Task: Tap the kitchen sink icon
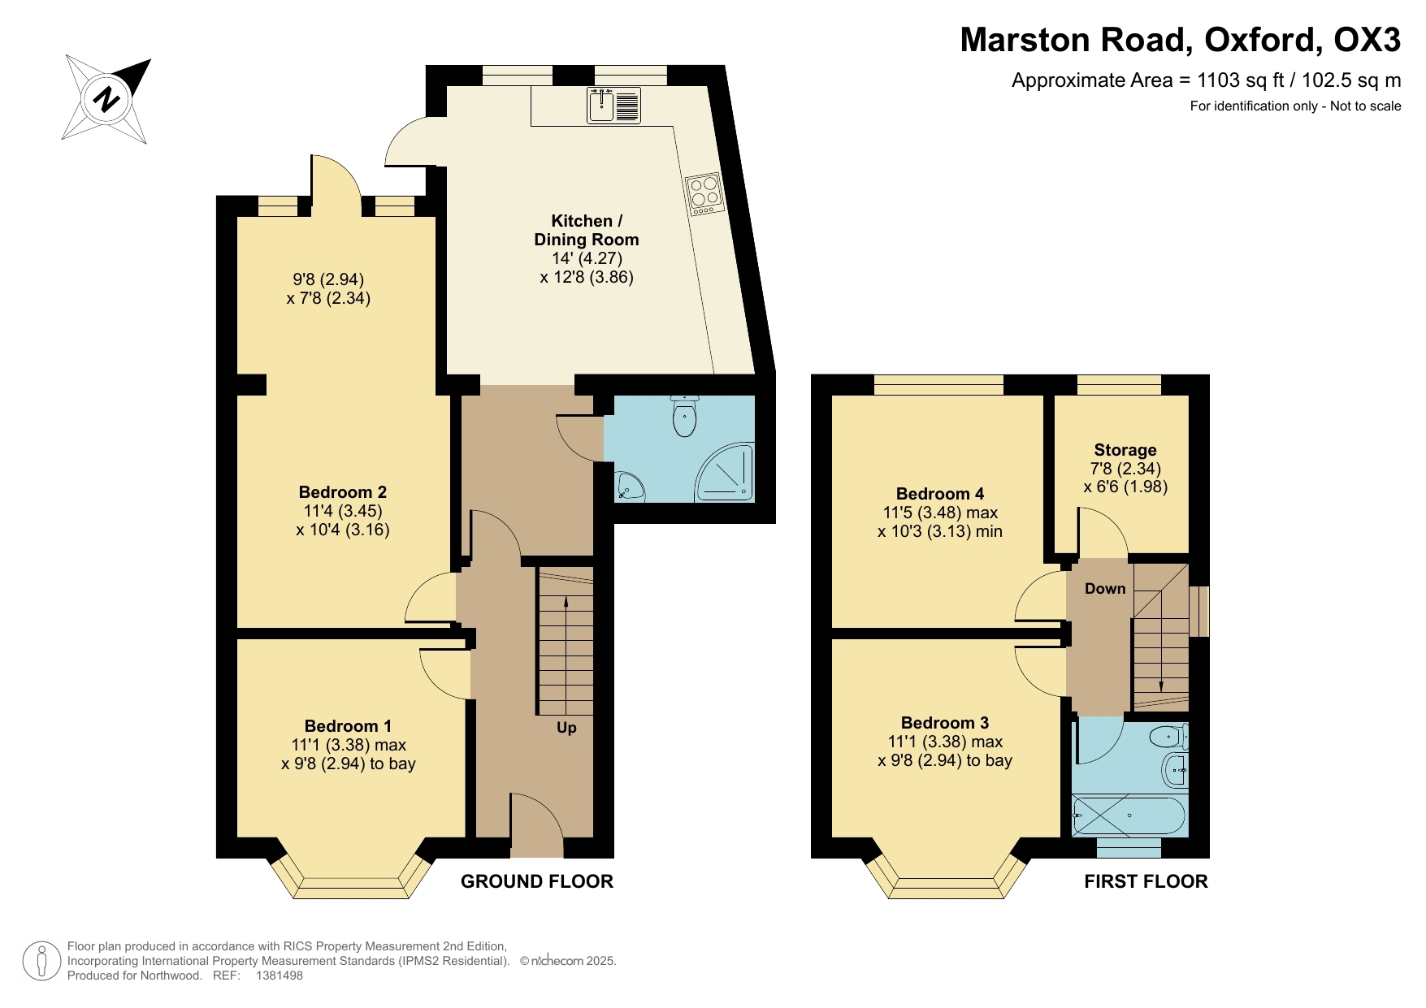coord(614,106)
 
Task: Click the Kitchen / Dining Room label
coord(586,230)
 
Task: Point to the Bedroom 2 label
coord(342,492)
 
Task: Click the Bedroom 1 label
coord(348,726)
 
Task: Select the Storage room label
coord(1125,450)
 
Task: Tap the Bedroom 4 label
coord(939,494)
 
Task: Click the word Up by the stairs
coord(566,728)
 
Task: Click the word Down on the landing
coord(1105,589)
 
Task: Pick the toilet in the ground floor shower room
coord(684,417)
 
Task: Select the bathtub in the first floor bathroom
coord(1129,815)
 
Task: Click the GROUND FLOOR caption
coord(536,881)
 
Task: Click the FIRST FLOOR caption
coord(1146,881)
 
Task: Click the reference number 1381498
coord(279,976)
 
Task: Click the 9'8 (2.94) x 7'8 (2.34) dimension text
coord(328,289)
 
